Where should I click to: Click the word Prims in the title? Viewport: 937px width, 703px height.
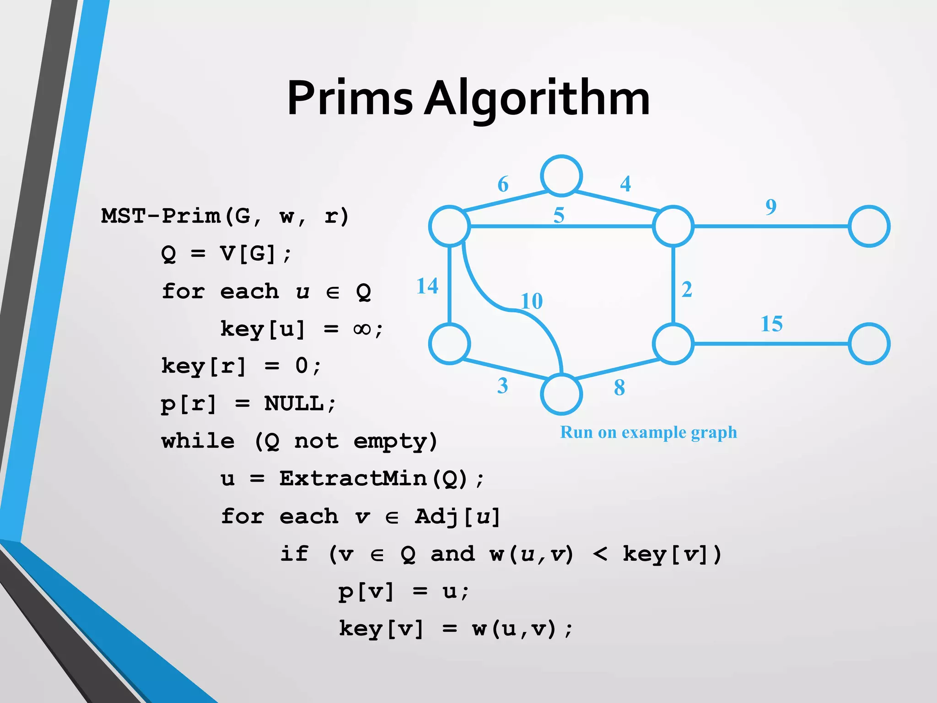350,98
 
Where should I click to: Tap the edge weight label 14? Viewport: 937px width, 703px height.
427,286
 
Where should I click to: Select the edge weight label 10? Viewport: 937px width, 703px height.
532,301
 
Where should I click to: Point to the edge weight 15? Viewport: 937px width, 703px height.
771,324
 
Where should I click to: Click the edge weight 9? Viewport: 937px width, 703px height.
771,206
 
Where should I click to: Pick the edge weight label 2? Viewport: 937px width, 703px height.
687,289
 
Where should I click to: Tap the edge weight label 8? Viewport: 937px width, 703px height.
619,388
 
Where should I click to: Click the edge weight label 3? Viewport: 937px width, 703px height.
502,386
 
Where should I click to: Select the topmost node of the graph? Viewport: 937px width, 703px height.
561,176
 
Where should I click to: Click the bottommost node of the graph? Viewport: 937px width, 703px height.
561,394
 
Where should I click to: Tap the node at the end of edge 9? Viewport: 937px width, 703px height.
869,226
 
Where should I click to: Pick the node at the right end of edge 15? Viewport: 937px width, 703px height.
869,344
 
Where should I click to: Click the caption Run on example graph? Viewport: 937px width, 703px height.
648,432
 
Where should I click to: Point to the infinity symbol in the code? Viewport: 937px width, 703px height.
362,329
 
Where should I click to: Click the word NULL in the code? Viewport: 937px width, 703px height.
294,404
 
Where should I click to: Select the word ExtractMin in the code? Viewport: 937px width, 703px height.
353,479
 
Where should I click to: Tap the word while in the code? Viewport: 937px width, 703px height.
198,441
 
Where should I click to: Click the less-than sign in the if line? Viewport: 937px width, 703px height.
600,554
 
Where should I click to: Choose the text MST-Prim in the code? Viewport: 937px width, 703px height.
161,216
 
